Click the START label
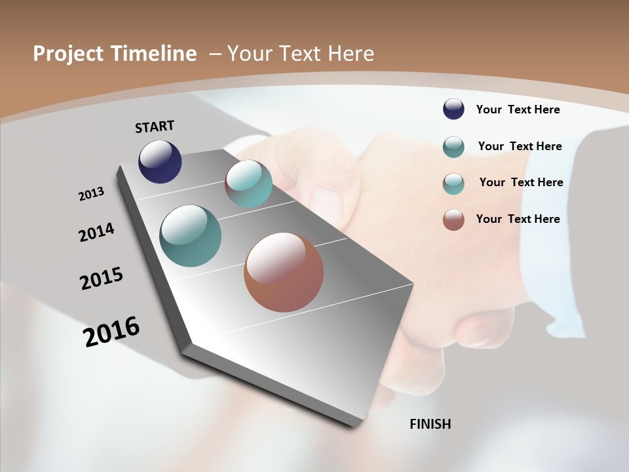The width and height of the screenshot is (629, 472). tap(155, 127)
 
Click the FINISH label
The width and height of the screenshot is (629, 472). tap(430, 424)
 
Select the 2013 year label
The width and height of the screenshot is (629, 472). tap(91, 193)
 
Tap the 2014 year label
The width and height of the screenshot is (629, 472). tap(96, 232)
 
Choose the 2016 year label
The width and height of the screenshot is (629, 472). tap(111, 332)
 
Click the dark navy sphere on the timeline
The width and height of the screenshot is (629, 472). tap(160, 161)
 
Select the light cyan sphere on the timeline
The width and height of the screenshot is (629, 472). tap(248, 184)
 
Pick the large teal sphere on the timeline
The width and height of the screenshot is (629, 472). tap(190, 236)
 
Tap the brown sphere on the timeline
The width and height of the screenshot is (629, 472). tap(284, 272)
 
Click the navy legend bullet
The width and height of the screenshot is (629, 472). tap(453, 109)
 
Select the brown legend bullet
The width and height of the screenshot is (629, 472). tap(453, 220)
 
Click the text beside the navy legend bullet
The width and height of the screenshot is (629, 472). tap(518, 109)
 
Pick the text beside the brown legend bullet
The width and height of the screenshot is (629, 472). tap(518, 219)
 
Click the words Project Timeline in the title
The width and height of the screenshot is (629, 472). tap(115, 54)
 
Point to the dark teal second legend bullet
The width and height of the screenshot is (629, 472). tap(453, 147)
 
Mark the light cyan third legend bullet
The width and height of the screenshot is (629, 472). tap(453, 184)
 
